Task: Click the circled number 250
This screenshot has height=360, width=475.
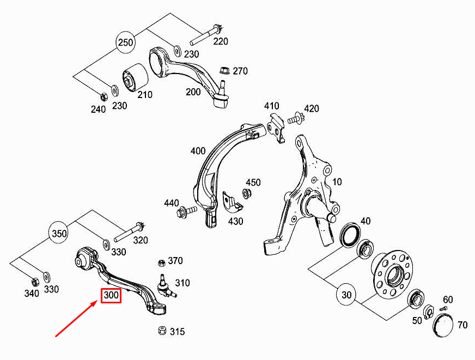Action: [126, 43]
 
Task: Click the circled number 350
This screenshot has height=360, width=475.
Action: [59, 233]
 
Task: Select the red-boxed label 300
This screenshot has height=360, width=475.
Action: [111, 295]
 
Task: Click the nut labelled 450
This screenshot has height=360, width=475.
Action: [245, 193]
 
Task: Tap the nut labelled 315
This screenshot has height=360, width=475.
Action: [161, 331]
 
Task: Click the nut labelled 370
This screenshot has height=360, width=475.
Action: [161, 263]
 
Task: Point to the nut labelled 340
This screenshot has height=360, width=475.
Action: [34, 282]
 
